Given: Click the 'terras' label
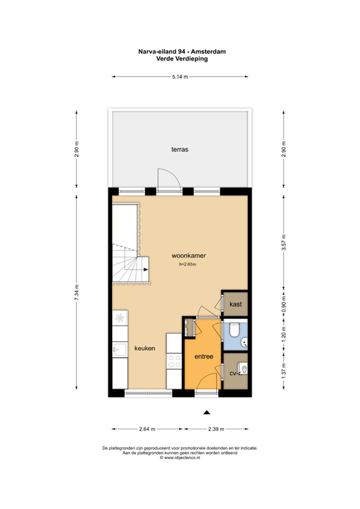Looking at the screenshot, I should pos(180,150).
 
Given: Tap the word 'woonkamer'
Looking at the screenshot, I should pos(189,254).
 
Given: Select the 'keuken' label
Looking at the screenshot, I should pos(145,348).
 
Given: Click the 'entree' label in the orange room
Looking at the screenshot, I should pos(204,357).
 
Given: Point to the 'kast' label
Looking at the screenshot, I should pos(235,304).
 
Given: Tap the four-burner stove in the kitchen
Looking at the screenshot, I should pos(174,361).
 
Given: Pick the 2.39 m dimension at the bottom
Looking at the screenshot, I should pos(216,428).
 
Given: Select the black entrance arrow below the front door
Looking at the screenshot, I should pos(206,412).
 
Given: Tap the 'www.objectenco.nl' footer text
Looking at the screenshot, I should pos(180,457).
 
